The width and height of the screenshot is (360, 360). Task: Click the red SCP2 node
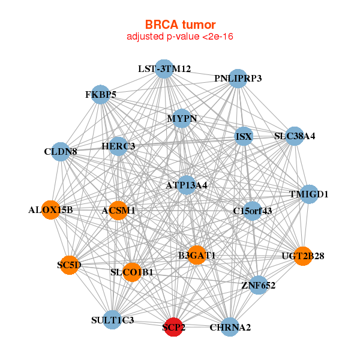[x=173, y=327]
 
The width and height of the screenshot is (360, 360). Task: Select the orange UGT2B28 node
[x=303, y=256]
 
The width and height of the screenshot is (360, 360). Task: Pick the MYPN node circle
[x=182, y=118]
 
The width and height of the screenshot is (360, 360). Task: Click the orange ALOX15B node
[x=51, y=210]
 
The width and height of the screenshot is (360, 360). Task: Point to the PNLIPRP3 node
[x=238, y=79]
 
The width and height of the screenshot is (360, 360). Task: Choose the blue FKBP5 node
[x=101, y=95]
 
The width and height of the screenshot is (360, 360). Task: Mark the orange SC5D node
[x=70, y=265]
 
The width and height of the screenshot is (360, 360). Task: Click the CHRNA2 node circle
[x=230, y=327]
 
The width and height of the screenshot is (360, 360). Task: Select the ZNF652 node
[x=258, y=285]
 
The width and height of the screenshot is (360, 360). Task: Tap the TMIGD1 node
[x=309, y=194]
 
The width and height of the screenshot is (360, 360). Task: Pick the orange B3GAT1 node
[x=196, y=256]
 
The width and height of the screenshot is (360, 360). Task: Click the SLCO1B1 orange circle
[x=132, y=272]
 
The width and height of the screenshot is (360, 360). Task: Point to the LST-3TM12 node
[x=164, y=69]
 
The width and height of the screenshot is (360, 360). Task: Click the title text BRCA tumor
[x=180, y=25]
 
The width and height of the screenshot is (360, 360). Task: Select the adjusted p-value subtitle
[x=180, y=37]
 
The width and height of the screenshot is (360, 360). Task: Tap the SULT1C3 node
[x=113, y=320]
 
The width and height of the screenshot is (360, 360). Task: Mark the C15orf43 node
[x=253, y=211]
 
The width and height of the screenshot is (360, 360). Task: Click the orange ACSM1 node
[x=118, y=210]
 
